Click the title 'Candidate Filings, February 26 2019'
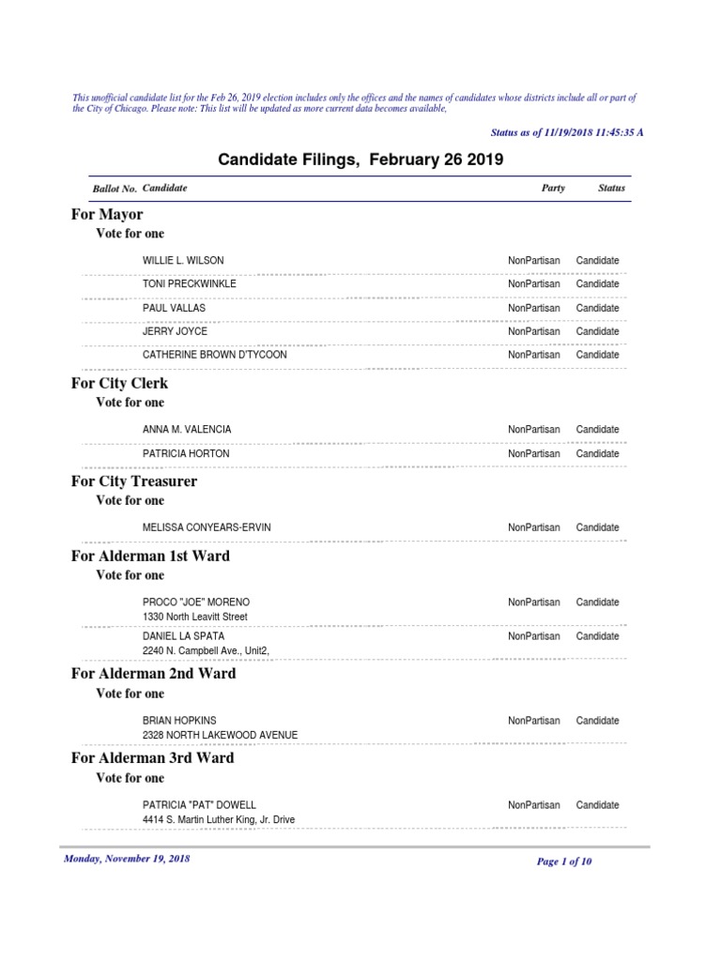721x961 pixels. tap(360, 160)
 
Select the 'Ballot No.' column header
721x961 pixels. tap(115, 189)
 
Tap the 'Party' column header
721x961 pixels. tap(553, 188)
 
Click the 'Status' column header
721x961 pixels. tap(611, 188)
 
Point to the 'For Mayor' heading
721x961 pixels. tap(107, 214)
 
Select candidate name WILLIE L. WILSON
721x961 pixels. tap(183, 260)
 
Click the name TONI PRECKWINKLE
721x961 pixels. tap(189, 283)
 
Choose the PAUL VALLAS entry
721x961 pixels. tap(174, 308)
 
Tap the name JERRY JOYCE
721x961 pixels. tap(175, 331)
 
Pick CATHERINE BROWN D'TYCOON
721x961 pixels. tap(214, 355)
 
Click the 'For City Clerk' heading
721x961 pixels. tap(120, 383)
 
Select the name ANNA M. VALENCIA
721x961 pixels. tap(187, 429)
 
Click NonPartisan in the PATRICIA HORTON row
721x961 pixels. tap(533, 453)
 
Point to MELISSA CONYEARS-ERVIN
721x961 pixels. tap(207, 527)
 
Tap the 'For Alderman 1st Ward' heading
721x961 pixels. tap(150, 556)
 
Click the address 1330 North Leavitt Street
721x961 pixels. tap(194, 617)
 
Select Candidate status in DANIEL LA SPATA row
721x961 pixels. tap(597, 636)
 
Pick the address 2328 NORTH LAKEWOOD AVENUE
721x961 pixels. tap(220, 735)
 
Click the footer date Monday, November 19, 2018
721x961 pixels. tap(127, 859)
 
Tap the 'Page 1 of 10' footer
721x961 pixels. tap(563, 862)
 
